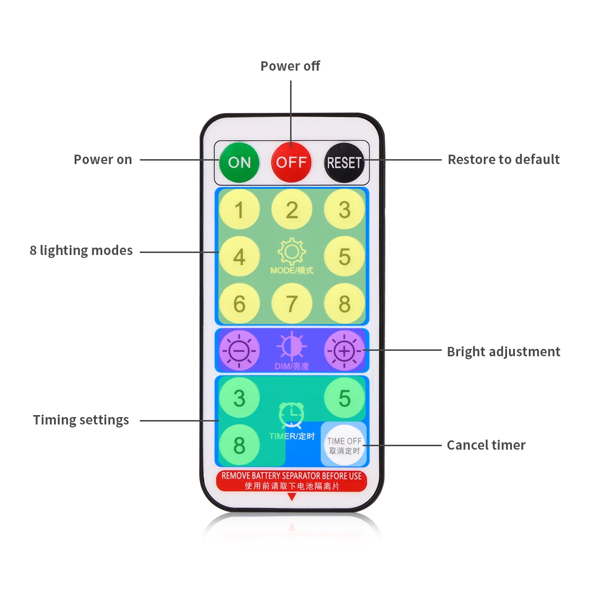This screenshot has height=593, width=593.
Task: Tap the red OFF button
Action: [291, 162]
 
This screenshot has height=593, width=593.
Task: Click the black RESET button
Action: [344, 163]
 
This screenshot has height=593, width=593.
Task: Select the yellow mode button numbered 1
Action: [239, 209]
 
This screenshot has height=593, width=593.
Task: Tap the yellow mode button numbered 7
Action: [292, 303]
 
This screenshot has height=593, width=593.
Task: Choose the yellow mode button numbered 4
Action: [239, 256]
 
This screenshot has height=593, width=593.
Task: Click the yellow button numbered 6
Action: [239, 303]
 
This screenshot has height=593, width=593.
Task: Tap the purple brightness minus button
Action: [239, 350]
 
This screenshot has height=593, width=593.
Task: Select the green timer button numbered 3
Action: [239, 398]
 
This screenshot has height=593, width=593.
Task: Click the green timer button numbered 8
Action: [239, 445]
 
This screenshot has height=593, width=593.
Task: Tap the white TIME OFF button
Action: [344, 445]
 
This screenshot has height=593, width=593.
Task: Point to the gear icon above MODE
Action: [292, 252]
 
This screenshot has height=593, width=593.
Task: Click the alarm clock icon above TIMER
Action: [292, 416]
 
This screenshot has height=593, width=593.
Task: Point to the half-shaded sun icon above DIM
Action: [292, 346]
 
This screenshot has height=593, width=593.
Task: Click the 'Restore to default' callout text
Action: [504, 160]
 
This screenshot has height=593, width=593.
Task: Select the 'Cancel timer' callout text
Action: [486, 445]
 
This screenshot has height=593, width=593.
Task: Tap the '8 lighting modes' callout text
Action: [81, 251]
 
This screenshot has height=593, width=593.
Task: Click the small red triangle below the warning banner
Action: [292, 496]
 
